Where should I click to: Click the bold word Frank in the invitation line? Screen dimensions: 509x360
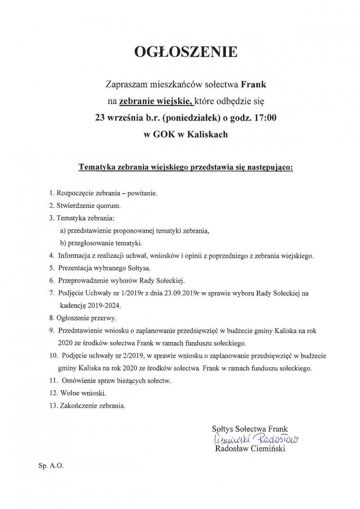pos(255,84)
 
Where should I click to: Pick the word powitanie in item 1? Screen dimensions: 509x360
pos(142,193)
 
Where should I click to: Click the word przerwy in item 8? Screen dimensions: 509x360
pos(104,318)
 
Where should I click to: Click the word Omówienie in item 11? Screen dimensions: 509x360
pos(75,380)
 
